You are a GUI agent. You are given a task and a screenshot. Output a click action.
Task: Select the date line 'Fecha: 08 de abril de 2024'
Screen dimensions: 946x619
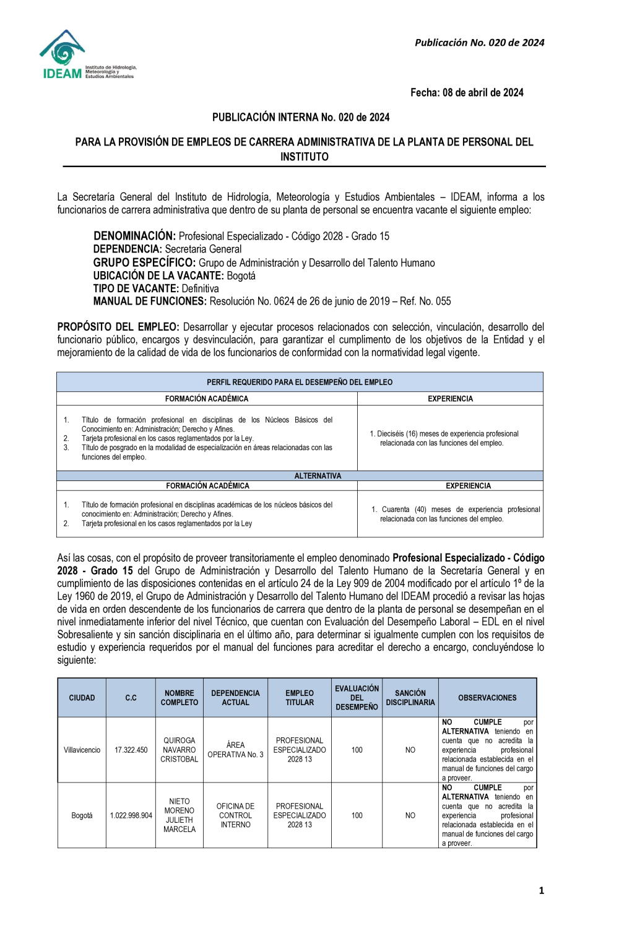point(467,93)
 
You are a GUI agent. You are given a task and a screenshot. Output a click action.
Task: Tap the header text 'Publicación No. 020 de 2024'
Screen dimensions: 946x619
point(479,43)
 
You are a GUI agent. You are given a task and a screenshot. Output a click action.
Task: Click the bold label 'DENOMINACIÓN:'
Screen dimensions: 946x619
point(134,236)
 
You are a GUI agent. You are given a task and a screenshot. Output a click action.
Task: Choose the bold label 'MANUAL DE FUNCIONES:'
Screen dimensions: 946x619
point(150,302)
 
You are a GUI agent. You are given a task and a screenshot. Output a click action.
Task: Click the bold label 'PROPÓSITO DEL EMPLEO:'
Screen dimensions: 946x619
point(118,327)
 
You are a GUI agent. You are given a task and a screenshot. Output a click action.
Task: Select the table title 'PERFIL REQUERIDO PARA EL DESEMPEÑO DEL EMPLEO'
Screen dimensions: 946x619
point(300,382)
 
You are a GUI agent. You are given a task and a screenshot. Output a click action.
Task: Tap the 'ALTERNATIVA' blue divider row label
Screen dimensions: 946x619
point(318,476)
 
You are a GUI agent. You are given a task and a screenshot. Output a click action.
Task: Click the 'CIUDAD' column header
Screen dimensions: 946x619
point(82,698)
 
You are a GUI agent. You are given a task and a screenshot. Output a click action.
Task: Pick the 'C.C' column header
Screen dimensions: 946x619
point(131,698)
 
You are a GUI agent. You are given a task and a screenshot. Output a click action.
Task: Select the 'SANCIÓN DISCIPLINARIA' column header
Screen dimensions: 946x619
point(410,698)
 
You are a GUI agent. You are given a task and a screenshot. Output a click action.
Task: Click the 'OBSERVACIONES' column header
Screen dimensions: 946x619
point(487,698)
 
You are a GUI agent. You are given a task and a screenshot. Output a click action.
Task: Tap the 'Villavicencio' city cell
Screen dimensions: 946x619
point(82,750)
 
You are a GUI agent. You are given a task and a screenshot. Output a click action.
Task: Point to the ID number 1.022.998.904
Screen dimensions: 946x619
point(131,815)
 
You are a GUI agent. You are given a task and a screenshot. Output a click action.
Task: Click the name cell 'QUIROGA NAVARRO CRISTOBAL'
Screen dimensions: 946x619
point(180,750)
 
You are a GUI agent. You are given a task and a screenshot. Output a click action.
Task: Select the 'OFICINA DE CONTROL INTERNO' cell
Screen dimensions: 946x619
point(235,815)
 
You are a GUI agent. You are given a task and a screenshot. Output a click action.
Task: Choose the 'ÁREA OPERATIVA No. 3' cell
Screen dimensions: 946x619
point(235,750)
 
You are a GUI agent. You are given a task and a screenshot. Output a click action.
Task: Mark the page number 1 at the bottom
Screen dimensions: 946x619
point(542,890)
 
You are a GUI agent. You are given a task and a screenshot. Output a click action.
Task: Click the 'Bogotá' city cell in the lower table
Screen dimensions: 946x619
point(82,815)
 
